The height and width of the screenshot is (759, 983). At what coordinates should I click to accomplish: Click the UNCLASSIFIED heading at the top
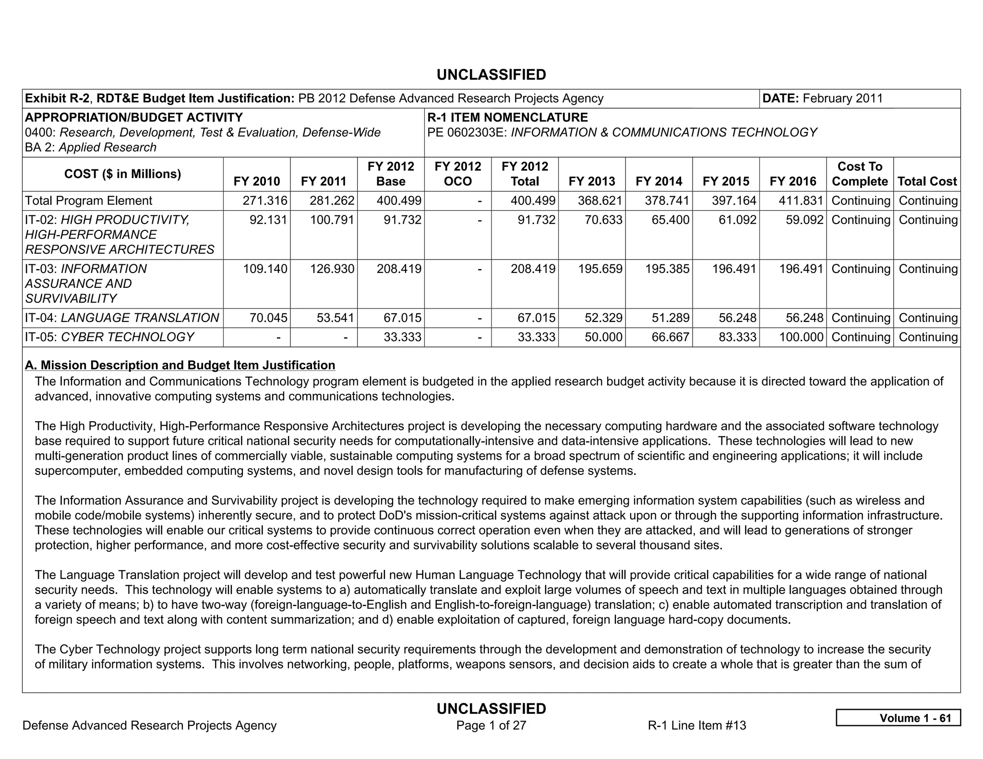[491, 75]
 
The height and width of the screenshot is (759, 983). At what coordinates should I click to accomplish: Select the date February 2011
[842, 98]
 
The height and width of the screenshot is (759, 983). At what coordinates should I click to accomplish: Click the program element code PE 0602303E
[467, 132]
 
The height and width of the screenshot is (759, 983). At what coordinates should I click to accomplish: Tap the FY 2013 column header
[591, 181]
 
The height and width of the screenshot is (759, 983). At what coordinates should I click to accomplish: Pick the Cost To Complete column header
[860, 174]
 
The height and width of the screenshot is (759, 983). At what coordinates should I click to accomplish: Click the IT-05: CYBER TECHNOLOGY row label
[109, 337]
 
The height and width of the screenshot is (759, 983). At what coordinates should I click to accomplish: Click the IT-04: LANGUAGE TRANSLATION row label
[122, 318]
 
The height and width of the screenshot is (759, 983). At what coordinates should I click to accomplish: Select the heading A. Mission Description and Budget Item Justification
[180, 365]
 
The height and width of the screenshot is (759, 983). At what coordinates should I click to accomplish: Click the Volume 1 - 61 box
[898, 718]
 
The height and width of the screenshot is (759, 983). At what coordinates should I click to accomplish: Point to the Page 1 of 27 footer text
[491, 725]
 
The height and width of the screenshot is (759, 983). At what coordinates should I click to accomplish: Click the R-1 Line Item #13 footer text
[696, 725]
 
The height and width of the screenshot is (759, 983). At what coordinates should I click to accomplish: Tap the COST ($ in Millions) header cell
[122, 174]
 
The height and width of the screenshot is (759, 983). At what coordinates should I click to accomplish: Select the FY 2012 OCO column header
[457, 174]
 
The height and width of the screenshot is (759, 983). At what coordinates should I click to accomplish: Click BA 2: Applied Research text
[91, 147]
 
